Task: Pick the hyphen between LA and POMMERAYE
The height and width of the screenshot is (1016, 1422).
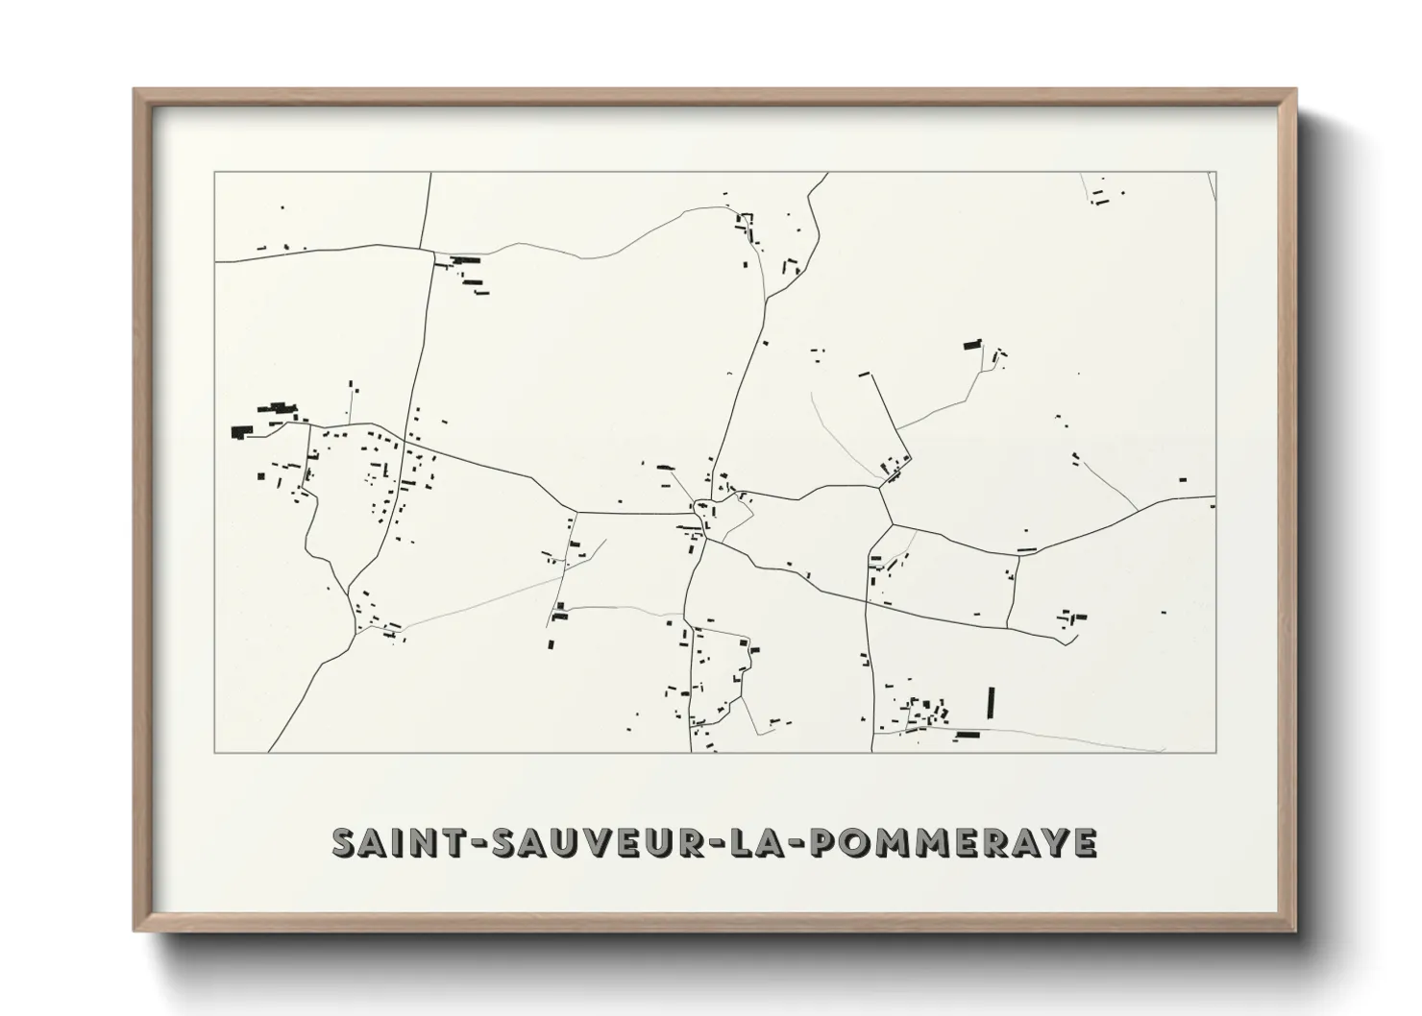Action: point(798,843)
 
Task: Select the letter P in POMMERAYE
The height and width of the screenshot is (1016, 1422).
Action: point(826,842)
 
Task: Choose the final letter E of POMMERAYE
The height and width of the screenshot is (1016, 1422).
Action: point(1085,842)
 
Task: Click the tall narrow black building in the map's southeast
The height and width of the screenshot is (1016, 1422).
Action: point(990,702)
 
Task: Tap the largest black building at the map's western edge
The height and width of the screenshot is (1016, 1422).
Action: point(240,432)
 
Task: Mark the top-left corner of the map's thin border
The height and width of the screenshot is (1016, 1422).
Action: point(214,173)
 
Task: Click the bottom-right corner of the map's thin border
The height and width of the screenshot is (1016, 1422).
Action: point(1216,752)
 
